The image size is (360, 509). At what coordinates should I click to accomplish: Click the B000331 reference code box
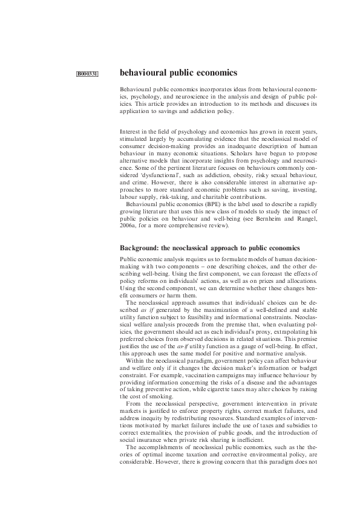pos(88,74)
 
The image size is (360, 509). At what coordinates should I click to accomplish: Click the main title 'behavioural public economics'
pos(178,73)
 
